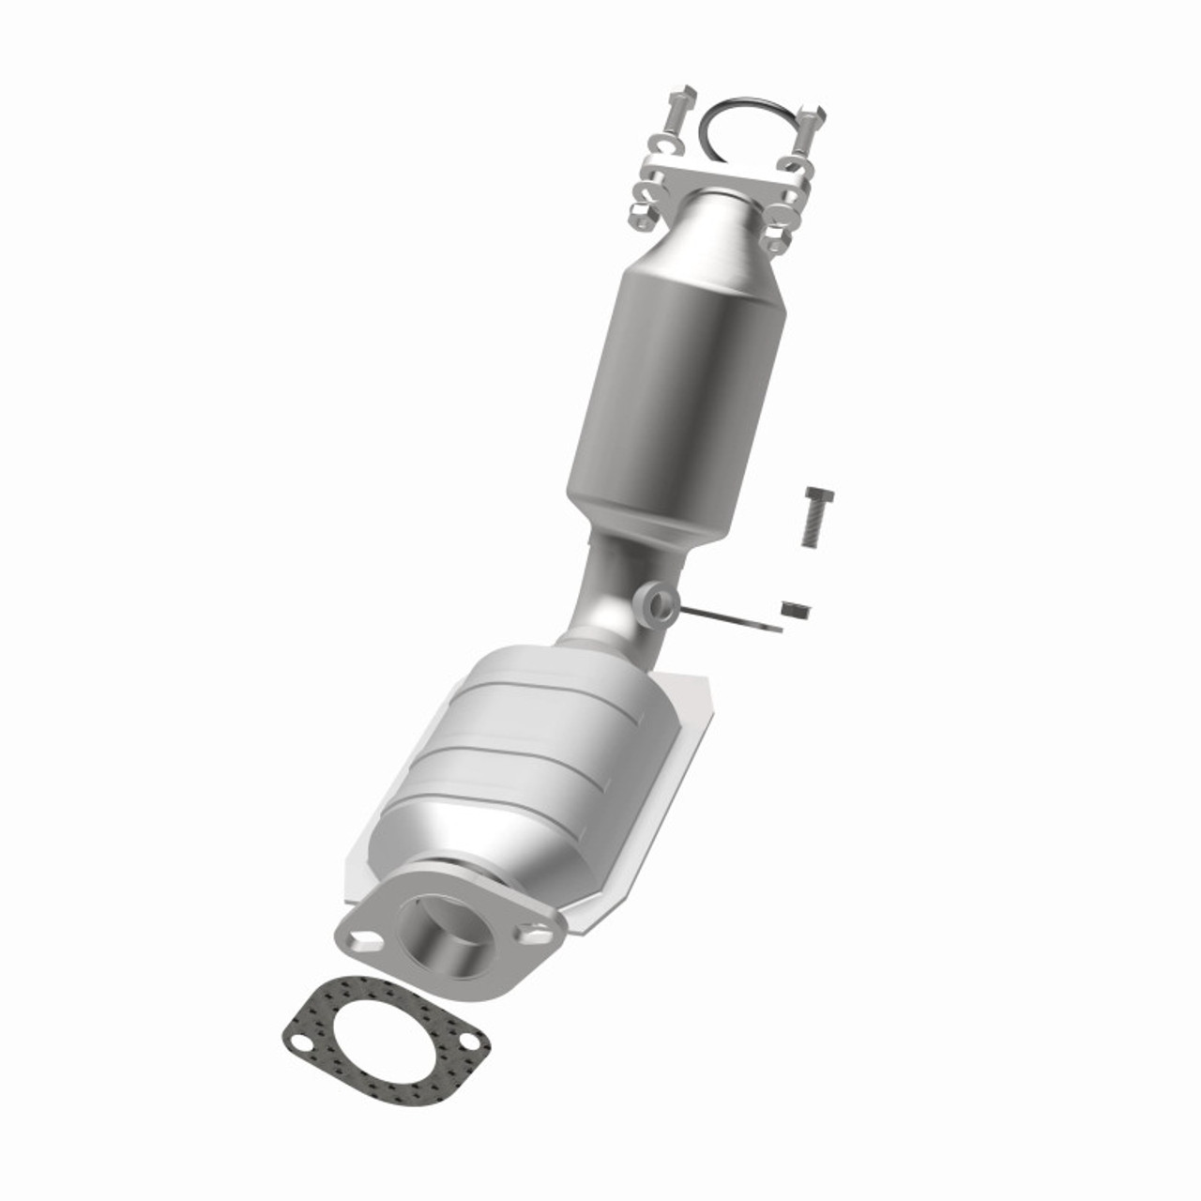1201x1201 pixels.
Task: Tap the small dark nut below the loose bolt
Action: (797, 611)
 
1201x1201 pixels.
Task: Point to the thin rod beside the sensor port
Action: (732, 620)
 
